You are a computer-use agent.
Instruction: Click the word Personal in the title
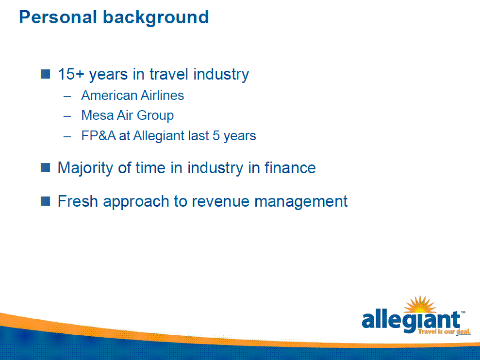[58, 17]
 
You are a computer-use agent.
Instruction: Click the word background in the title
[156, 18]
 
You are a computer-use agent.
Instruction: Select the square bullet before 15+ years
[45, 74]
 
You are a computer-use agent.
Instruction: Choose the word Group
[155, 116]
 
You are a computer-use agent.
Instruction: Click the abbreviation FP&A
[99, 136]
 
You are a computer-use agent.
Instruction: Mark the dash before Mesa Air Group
[67, 116]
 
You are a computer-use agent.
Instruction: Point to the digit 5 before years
[216, 136]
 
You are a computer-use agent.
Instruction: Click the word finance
[290, 168]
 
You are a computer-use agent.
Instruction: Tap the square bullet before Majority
[45, 168]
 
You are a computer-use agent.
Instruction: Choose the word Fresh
[78, 201]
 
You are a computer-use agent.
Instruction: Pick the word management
[301, 202]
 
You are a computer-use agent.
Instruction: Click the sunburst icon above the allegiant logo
[420, 305]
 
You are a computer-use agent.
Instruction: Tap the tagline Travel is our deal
[444, 331]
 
